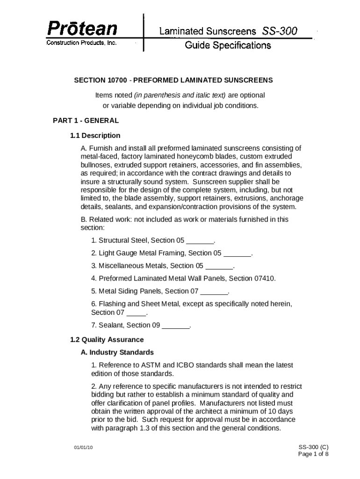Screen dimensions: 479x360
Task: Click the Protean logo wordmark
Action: tap(81, 29)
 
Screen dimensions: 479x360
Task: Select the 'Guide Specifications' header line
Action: tap(228, 45)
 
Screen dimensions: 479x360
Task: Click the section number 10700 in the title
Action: tap(115, 80)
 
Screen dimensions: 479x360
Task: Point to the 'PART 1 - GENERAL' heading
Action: tap(86, 120)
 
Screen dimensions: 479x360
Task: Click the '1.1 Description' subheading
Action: tap(95, 136)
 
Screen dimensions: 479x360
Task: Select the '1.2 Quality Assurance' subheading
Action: tap(107, 340)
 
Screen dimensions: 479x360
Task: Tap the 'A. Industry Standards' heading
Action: tap(117, 352)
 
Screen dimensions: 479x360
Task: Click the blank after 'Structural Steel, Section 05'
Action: tap(200, 241)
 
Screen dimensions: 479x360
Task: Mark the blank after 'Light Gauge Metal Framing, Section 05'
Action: tap(238, 254)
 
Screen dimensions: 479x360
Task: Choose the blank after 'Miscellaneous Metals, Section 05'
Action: tap(219, 266)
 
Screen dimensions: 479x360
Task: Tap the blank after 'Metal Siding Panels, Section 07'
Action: tap(214, 291)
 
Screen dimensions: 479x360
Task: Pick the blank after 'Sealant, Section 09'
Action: tap(176, 326)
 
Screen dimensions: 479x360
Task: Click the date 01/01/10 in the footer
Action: tap(84, 448)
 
